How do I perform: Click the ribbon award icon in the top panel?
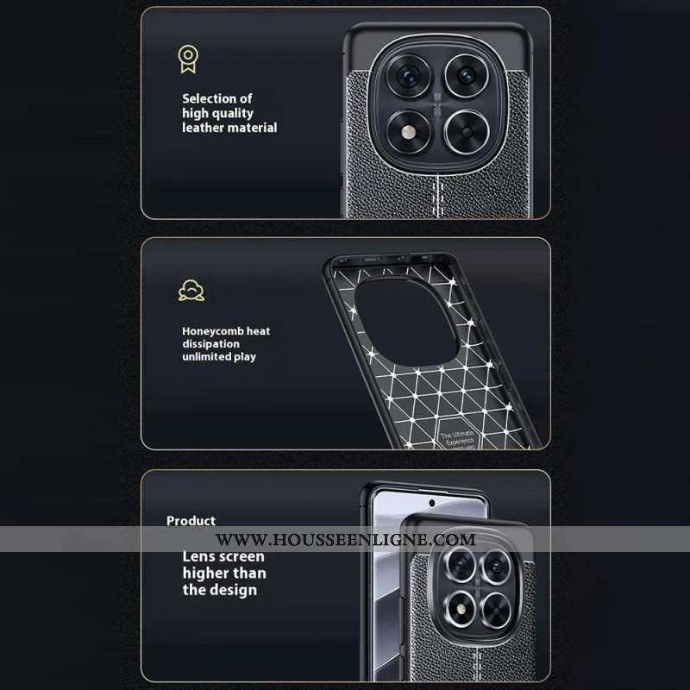tap(187, 58)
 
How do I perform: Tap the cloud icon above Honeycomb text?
tap(191, 290)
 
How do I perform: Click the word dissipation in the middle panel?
tap(210, 343)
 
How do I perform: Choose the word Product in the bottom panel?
tap(191, 521)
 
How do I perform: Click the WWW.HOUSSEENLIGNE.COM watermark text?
tap(345, 540)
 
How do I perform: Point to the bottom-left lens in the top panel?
tap(405, 133)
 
